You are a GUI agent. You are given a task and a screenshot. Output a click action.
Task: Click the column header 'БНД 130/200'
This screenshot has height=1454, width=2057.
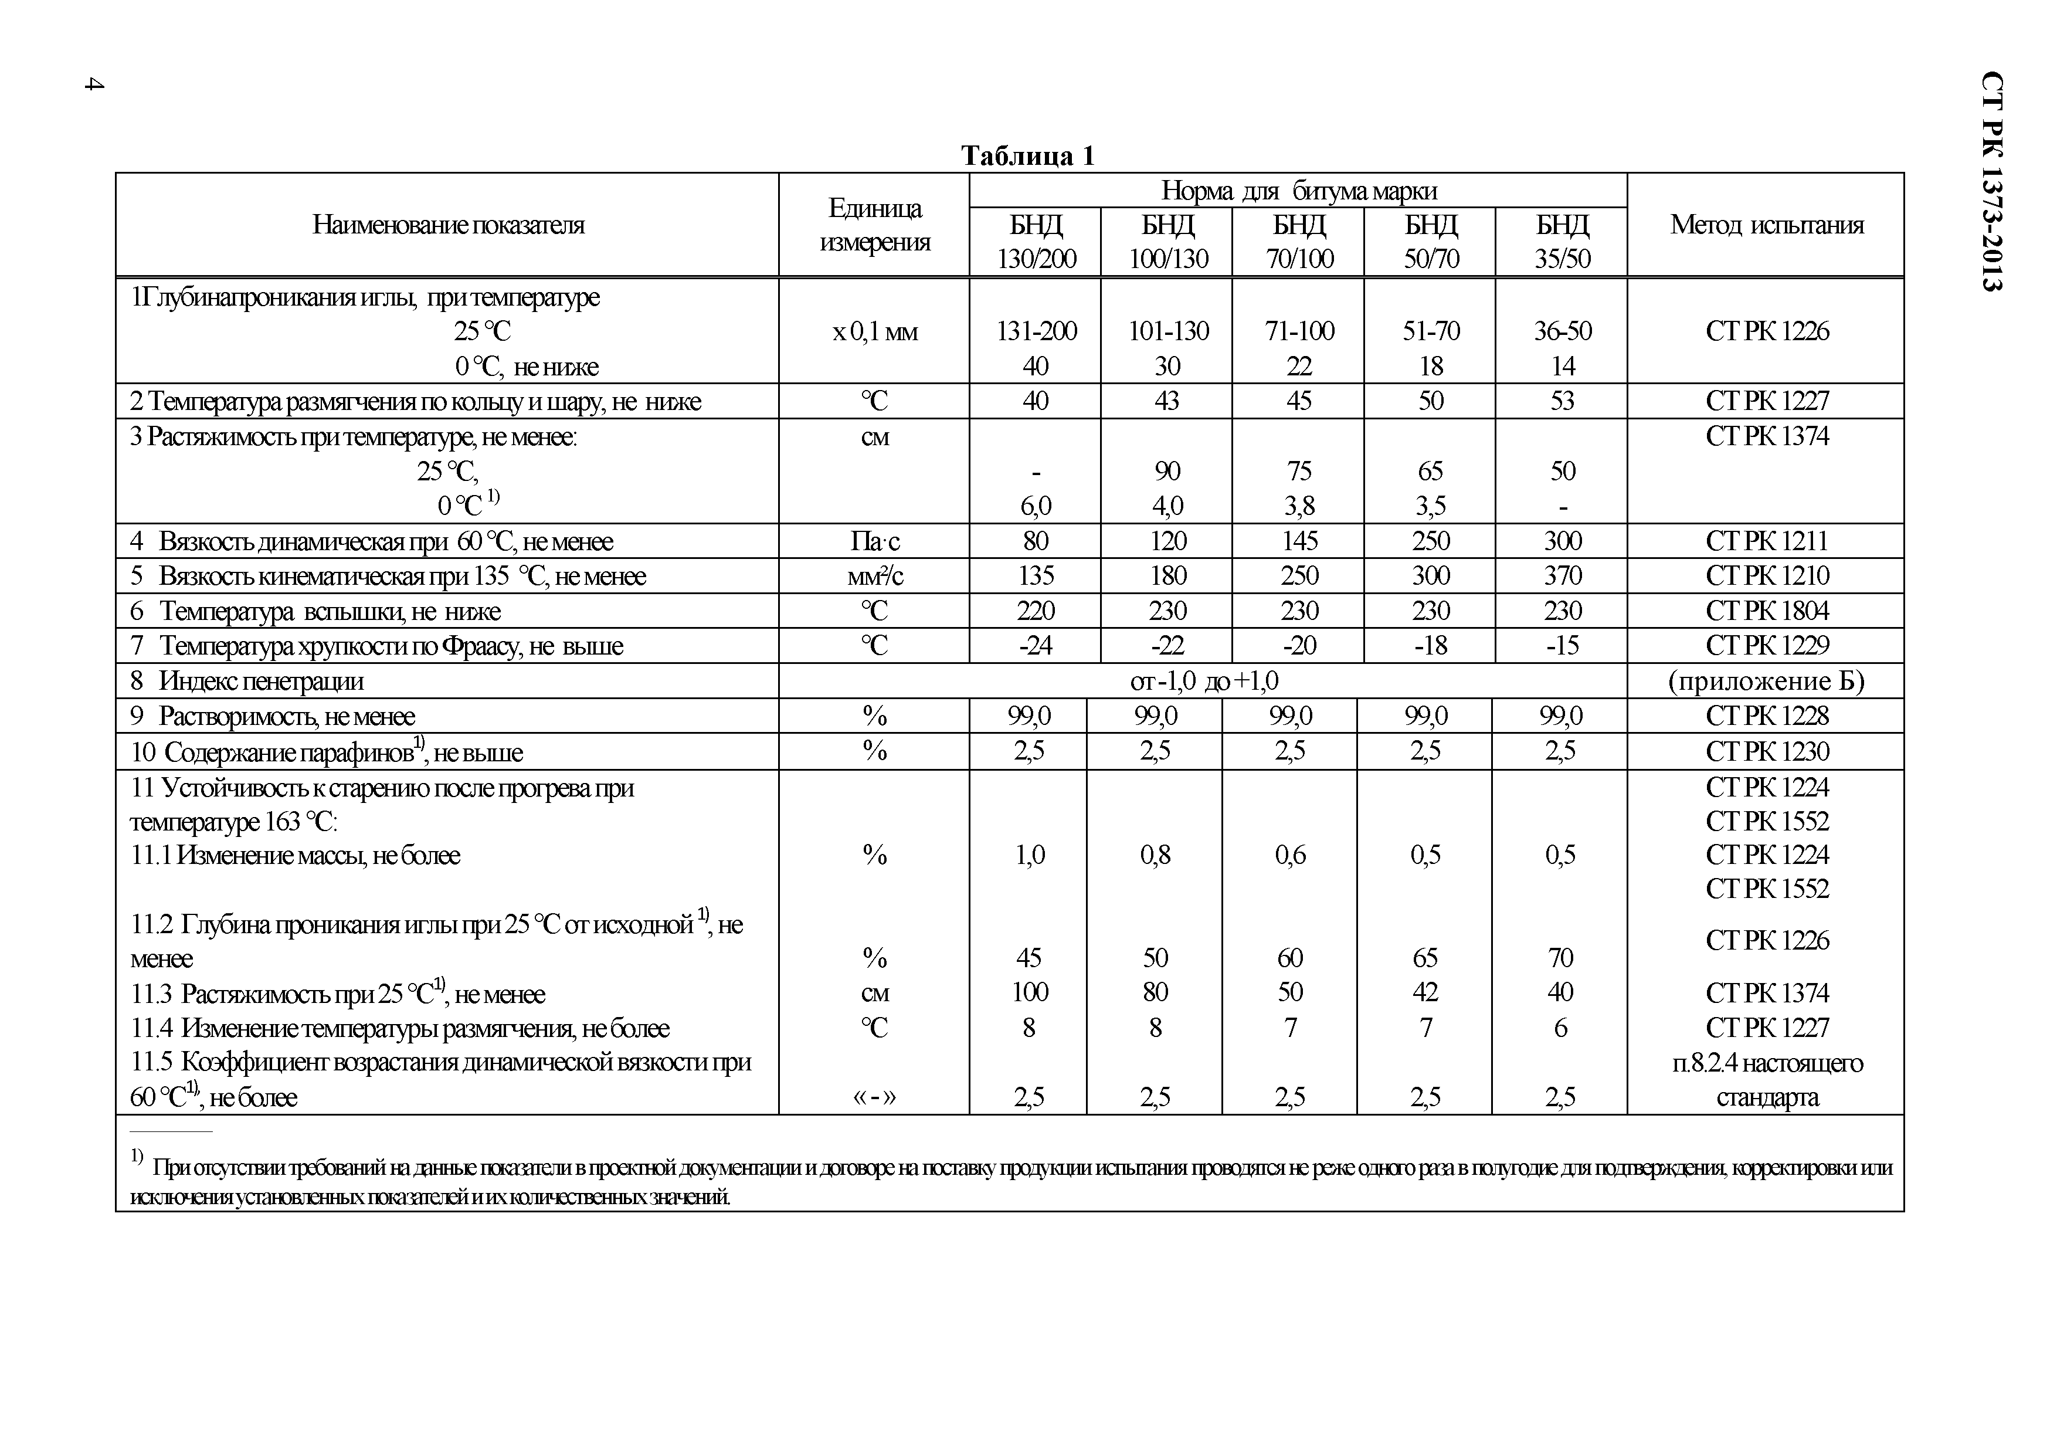click(x=1036, y=241)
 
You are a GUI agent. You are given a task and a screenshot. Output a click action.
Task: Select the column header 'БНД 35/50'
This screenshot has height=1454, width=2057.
click(x=1563, y=241)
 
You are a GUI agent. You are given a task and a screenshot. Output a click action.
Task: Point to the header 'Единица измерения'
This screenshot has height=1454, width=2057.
click(x=874, y=225)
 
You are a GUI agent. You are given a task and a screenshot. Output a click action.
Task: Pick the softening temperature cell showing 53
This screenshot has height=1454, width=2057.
click(x=1563, y=401)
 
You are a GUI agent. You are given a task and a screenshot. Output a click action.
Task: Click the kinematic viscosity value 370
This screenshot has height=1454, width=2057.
click(x=1563, y=576)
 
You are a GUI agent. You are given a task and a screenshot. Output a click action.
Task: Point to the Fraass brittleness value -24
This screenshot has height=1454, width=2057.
click(x=1036, y=646)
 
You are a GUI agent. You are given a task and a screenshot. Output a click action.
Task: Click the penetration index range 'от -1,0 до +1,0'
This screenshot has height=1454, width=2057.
click(x=1204, y=681)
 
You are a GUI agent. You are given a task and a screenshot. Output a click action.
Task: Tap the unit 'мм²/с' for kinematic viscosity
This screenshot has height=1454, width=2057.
click(x=874, y=576)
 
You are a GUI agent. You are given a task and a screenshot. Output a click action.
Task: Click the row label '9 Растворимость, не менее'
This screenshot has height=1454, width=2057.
click(x=273, y=716)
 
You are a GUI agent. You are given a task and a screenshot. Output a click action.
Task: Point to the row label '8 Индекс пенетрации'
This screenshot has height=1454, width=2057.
click(x=247, y=681)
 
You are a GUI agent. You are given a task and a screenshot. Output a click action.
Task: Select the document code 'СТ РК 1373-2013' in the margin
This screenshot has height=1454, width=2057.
click(x=1991, y=181)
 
